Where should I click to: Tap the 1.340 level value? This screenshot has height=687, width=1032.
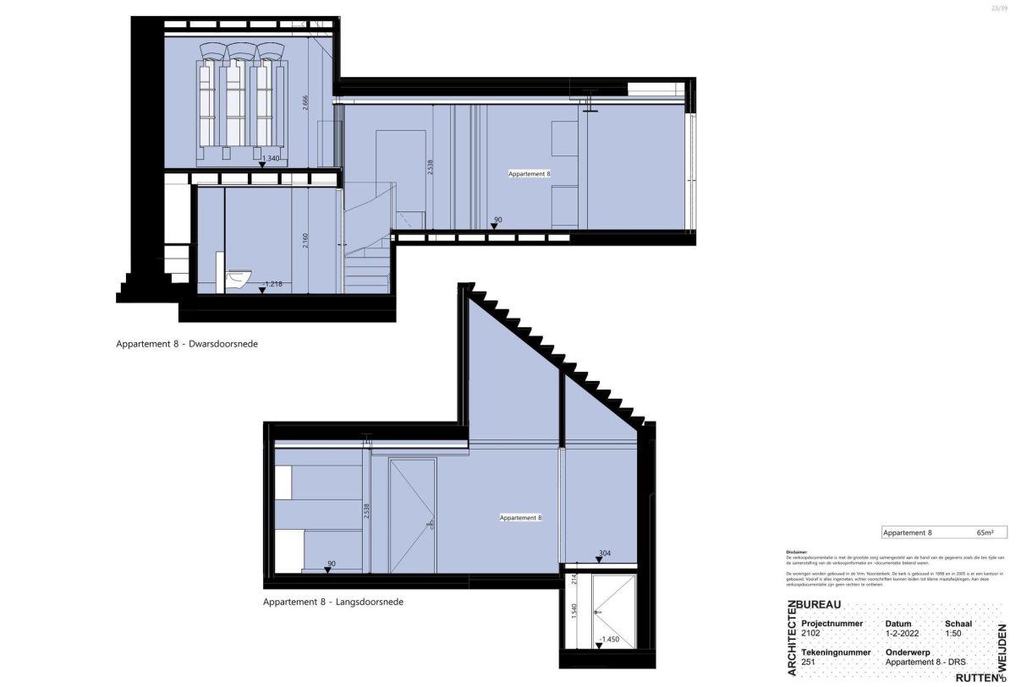click(271, 158)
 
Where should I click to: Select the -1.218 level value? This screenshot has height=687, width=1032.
click(272, 284)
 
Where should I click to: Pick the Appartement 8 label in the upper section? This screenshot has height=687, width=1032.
click(530, 173)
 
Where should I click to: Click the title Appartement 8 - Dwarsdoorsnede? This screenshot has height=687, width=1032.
click(186, 345)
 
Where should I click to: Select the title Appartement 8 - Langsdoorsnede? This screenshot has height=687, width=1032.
click(333, 602)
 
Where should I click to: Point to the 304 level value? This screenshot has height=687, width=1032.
click(604, 554)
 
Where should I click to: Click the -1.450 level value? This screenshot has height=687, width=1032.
click(609, 640)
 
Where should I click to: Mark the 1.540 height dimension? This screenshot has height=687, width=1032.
click(574, 612)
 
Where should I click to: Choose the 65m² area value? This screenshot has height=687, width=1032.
click(984, 533)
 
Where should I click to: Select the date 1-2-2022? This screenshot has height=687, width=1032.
click(902, 634)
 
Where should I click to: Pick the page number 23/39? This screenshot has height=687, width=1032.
click(1000, 8)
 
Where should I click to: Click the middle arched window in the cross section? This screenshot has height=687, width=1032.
click(241, 97)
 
